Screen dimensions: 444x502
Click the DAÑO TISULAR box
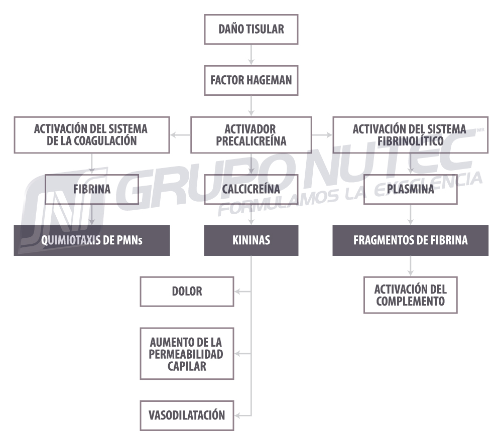click(251, 29)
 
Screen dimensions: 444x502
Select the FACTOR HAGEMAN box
click(251, 80)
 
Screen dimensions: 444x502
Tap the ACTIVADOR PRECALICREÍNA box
click(251, 135)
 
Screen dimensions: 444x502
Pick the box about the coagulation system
click(91, 135)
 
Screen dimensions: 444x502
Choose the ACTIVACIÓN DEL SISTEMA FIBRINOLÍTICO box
click(411, 135)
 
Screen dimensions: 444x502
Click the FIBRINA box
click(91, 189)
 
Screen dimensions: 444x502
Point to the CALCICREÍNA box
click(251, 189)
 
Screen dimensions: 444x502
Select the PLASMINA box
click(411, 189)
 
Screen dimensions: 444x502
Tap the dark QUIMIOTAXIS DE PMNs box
click(91, 240)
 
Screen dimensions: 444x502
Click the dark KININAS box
click(251, 240)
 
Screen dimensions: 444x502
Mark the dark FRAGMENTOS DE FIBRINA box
click(411, 240)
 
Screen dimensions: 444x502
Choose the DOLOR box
click(187, 291)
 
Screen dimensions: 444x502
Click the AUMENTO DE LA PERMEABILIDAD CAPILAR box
click(187, 353)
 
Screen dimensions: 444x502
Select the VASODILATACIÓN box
click(187, 415)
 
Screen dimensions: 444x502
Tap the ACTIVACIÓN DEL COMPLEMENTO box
click(411, 295)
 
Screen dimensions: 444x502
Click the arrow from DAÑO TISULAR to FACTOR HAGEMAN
click(251, 54)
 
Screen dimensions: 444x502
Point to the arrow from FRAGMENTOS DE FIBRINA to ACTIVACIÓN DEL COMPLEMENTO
click(411, 266)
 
